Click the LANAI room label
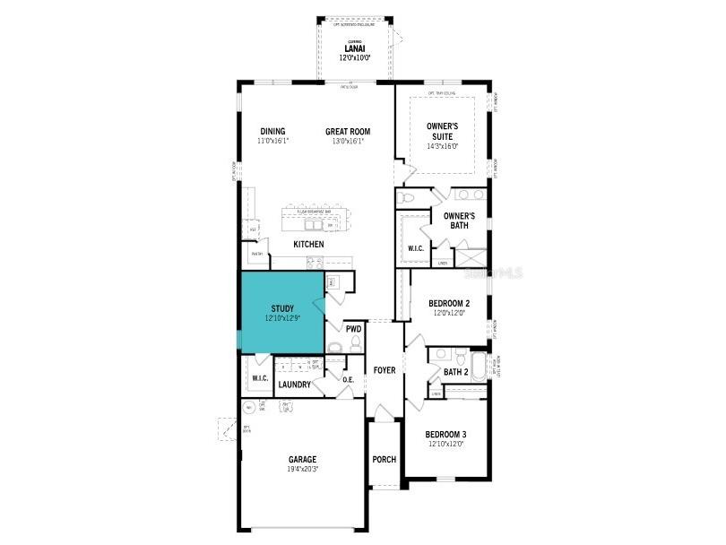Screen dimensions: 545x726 (354, 48)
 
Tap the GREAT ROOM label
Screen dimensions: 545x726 (348, 132)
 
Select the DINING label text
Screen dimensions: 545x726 (272, 132)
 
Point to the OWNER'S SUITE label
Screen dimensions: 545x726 (442, 131)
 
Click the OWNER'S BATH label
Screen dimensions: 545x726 (459, 221)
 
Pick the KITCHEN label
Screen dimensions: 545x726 (308, 244)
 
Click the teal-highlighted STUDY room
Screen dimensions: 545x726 (281, 313)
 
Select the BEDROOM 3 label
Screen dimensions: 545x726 (445, 435)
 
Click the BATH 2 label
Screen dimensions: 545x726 (456, 372)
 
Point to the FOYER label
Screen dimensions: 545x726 (385, 370)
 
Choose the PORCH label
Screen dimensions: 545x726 (384, 460)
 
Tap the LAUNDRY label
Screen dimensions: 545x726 (294, 385)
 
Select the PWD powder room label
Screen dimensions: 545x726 (353, 329)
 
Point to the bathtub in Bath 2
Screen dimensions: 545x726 (479, 368)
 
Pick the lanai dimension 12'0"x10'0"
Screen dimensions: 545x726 (354, 57)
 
